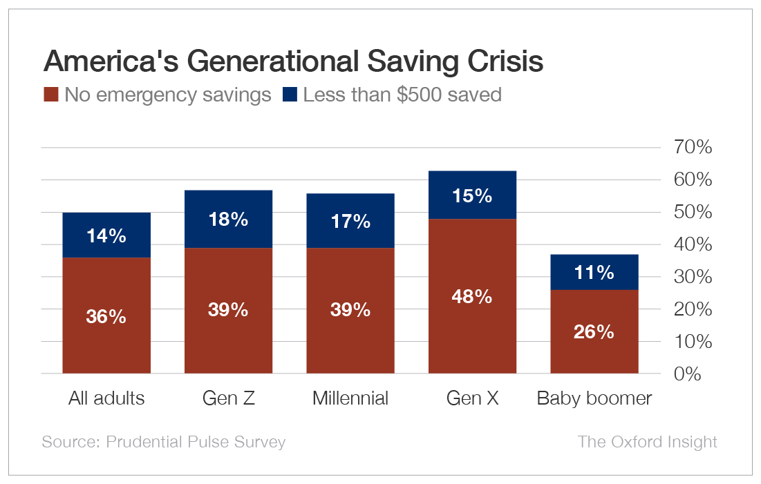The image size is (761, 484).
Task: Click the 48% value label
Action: (x=472, y=297)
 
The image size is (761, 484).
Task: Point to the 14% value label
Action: (x=106, y=235)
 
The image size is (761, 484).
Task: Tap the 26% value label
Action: (x=594, y=332)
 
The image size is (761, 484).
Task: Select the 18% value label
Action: (x=228, y=220)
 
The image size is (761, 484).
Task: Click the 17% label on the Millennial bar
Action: (x=350, y=222)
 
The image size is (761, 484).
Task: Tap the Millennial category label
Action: (x=350, y=398)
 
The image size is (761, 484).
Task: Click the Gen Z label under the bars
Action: (x=228, y=398)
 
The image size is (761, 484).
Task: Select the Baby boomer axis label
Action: (x=594, y=398)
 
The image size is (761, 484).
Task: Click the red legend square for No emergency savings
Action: (x=50, y=95)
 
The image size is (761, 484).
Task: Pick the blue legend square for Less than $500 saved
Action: (x=290, y=95)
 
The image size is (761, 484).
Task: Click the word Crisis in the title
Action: (x=504, y=62)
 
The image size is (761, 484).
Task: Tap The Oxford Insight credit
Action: (x=647, y=442)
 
